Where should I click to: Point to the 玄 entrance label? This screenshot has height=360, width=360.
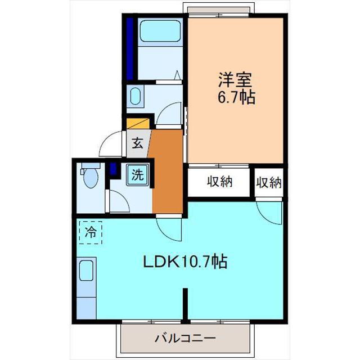[137, 143]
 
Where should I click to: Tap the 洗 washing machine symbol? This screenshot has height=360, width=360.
[138, 174]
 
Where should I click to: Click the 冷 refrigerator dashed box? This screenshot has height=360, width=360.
[91, 231]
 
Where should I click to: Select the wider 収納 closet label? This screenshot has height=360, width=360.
[219, 182]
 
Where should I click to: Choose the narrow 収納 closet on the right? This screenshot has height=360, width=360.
[269, 182]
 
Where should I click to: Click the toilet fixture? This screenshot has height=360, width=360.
[90, 177]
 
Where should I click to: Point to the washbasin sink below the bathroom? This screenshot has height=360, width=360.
[136, 96]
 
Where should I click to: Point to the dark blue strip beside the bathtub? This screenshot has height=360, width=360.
[130, 49]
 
